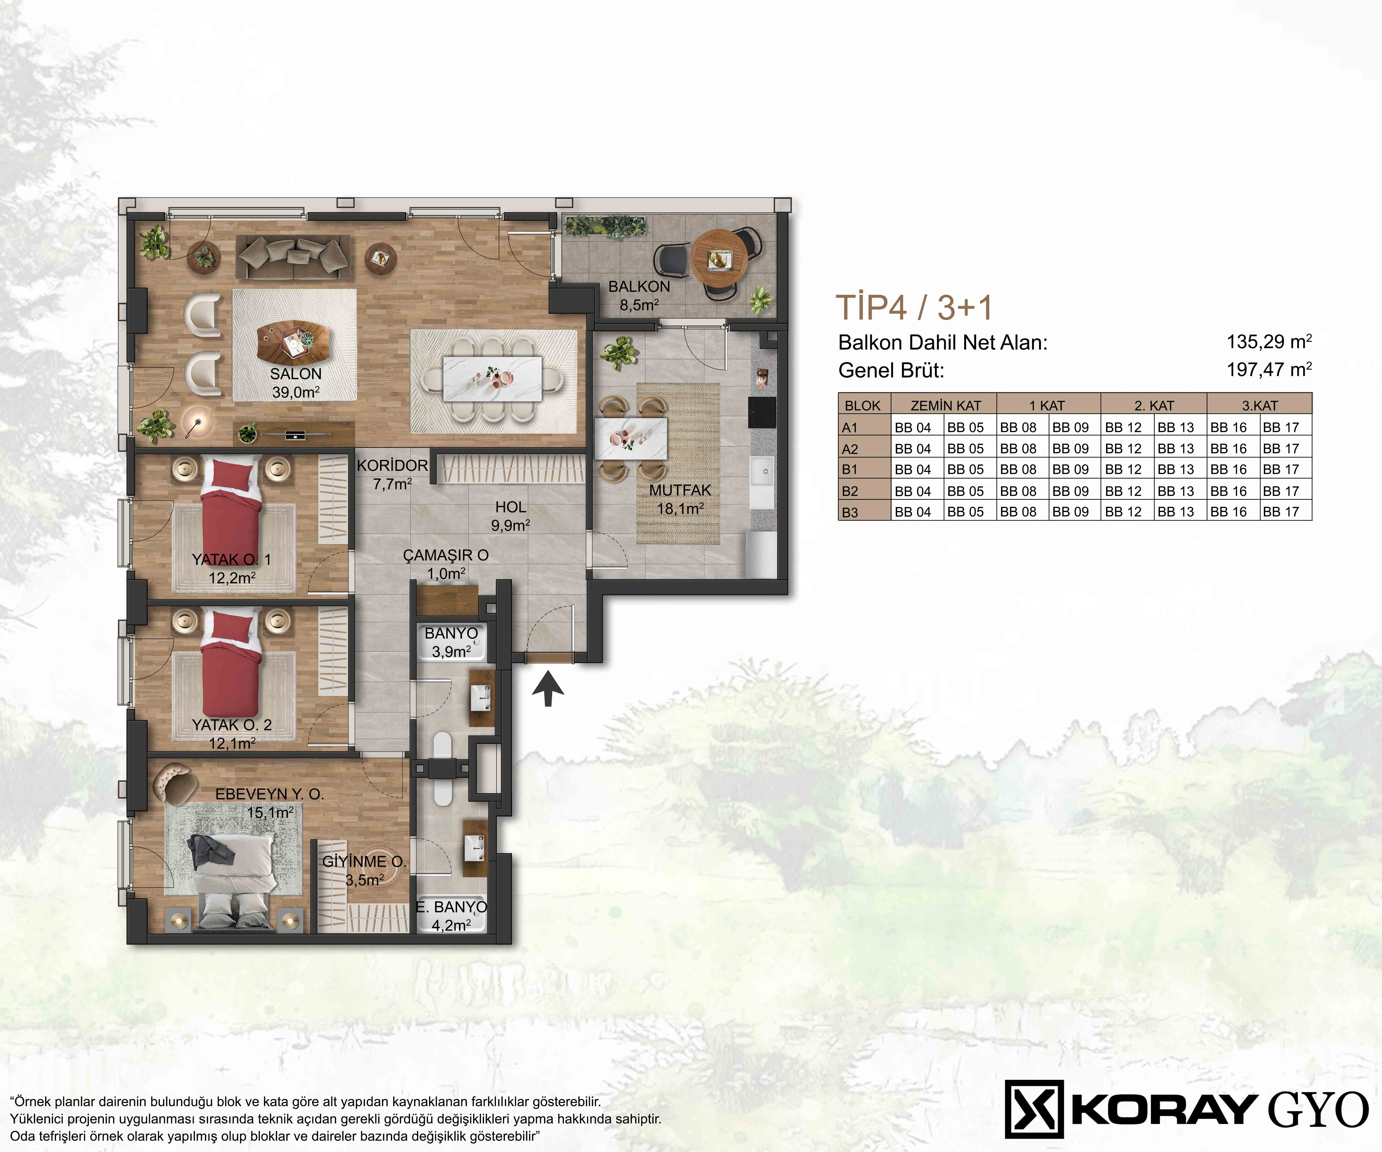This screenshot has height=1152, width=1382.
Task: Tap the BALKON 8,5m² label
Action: coord(639,296)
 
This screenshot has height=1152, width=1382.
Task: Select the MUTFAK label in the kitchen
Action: coord(680,491)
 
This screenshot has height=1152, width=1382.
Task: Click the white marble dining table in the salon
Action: coord(493,379)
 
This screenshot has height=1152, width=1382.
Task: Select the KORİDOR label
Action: coord(392,465)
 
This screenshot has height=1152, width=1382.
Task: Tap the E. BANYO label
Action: coord(451,907)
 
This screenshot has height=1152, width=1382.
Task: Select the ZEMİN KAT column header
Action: coord(946,406)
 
